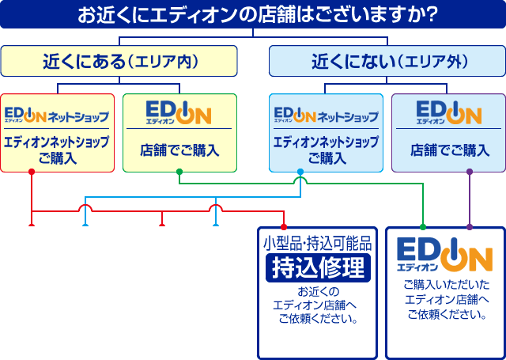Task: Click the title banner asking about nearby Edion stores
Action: (x=253, y=14)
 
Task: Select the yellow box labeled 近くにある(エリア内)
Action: (x=119, y=61)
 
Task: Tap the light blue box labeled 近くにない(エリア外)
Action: (x=387, y=61)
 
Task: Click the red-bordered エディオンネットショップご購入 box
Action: (x=58, y=133)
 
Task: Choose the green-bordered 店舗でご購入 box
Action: (x=179, y=133)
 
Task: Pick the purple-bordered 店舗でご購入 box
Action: (x=448, y=133)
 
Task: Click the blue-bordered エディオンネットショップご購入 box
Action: (x=327, y=133)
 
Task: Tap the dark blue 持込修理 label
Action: (x=318, y=268)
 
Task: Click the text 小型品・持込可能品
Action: (x=318, y=244)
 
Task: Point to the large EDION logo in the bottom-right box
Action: (x=444, y=255)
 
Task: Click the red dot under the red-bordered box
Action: (x=32, y=172)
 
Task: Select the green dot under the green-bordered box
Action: (x=179, y=172)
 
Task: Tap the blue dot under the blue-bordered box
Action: (x=300, y=172)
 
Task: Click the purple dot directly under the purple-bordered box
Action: (x=470, y=172)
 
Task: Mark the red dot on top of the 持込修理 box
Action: (x=284, y=227)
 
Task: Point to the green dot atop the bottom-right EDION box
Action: (x=423, y=227)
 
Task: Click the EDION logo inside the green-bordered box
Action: (x=179, y=113)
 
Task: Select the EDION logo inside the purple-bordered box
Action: (x=449, y=113)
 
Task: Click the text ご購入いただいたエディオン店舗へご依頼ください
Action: (x=447, y=300)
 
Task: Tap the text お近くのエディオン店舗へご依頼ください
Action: (x=315, y=305)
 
